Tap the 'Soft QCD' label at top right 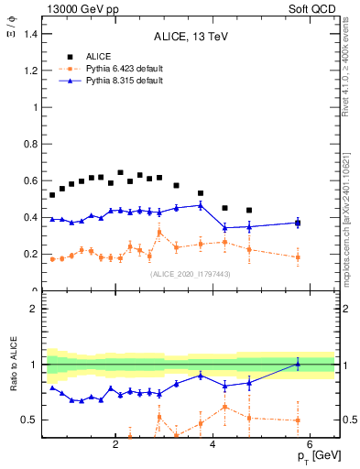315,8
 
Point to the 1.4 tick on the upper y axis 32,34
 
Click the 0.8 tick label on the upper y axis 32,144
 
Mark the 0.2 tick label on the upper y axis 32,254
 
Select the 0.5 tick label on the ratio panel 32,420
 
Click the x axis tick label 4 213,446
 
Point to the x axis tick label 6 310,446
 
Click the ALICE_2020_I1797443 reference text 189,275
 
